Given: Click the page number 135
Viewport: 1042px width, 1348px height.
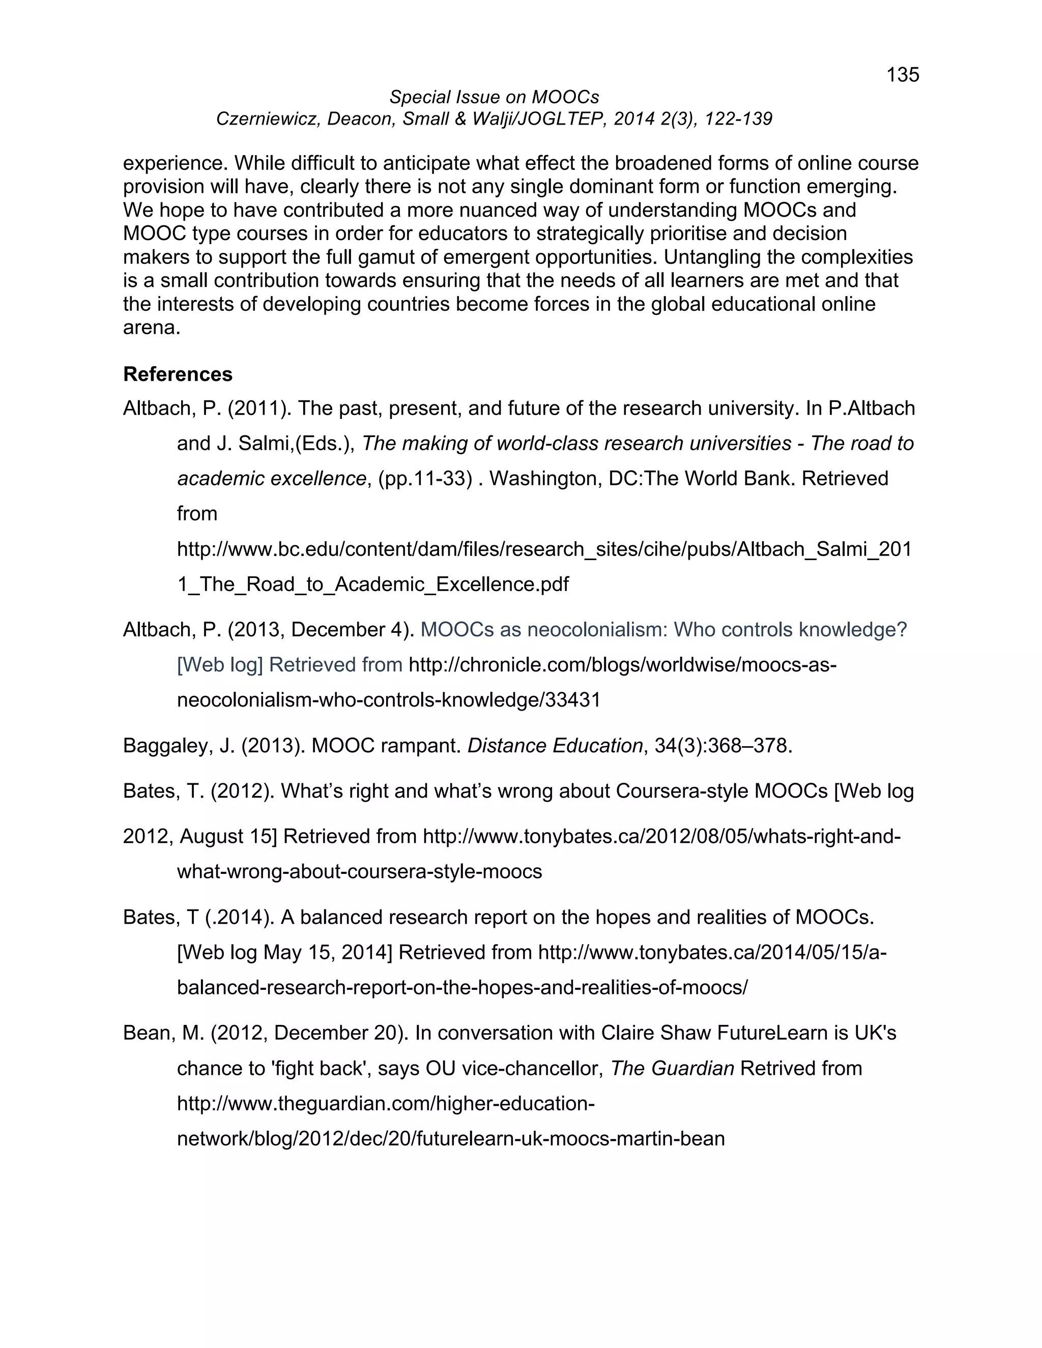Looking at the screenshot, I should tap(903, 75).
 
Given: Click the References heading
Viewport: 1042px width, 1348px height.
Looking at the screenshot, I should tap(178, 374).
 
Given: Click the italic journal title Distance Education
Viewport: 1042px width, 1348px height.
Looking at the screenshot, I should tap(555, 746).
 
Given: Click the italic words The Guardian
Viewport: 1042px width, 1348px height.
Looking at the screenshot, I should tap(672, 1068).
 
